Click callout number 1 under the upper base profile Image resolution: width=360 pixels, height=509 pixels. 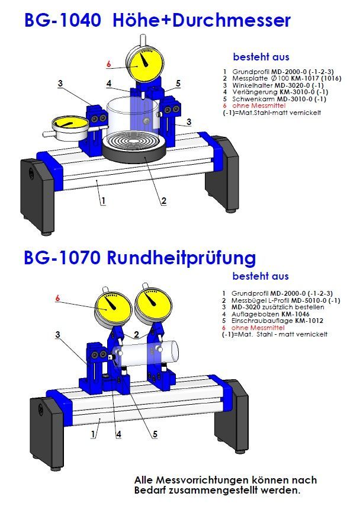103,200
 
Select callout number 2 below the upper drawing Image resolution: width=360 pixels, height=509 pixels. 163,200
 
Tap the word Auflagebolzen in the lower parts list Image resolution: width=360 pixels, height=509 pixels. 254,314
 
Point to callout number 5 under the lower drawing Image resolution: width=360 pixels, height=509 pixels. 155,434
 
